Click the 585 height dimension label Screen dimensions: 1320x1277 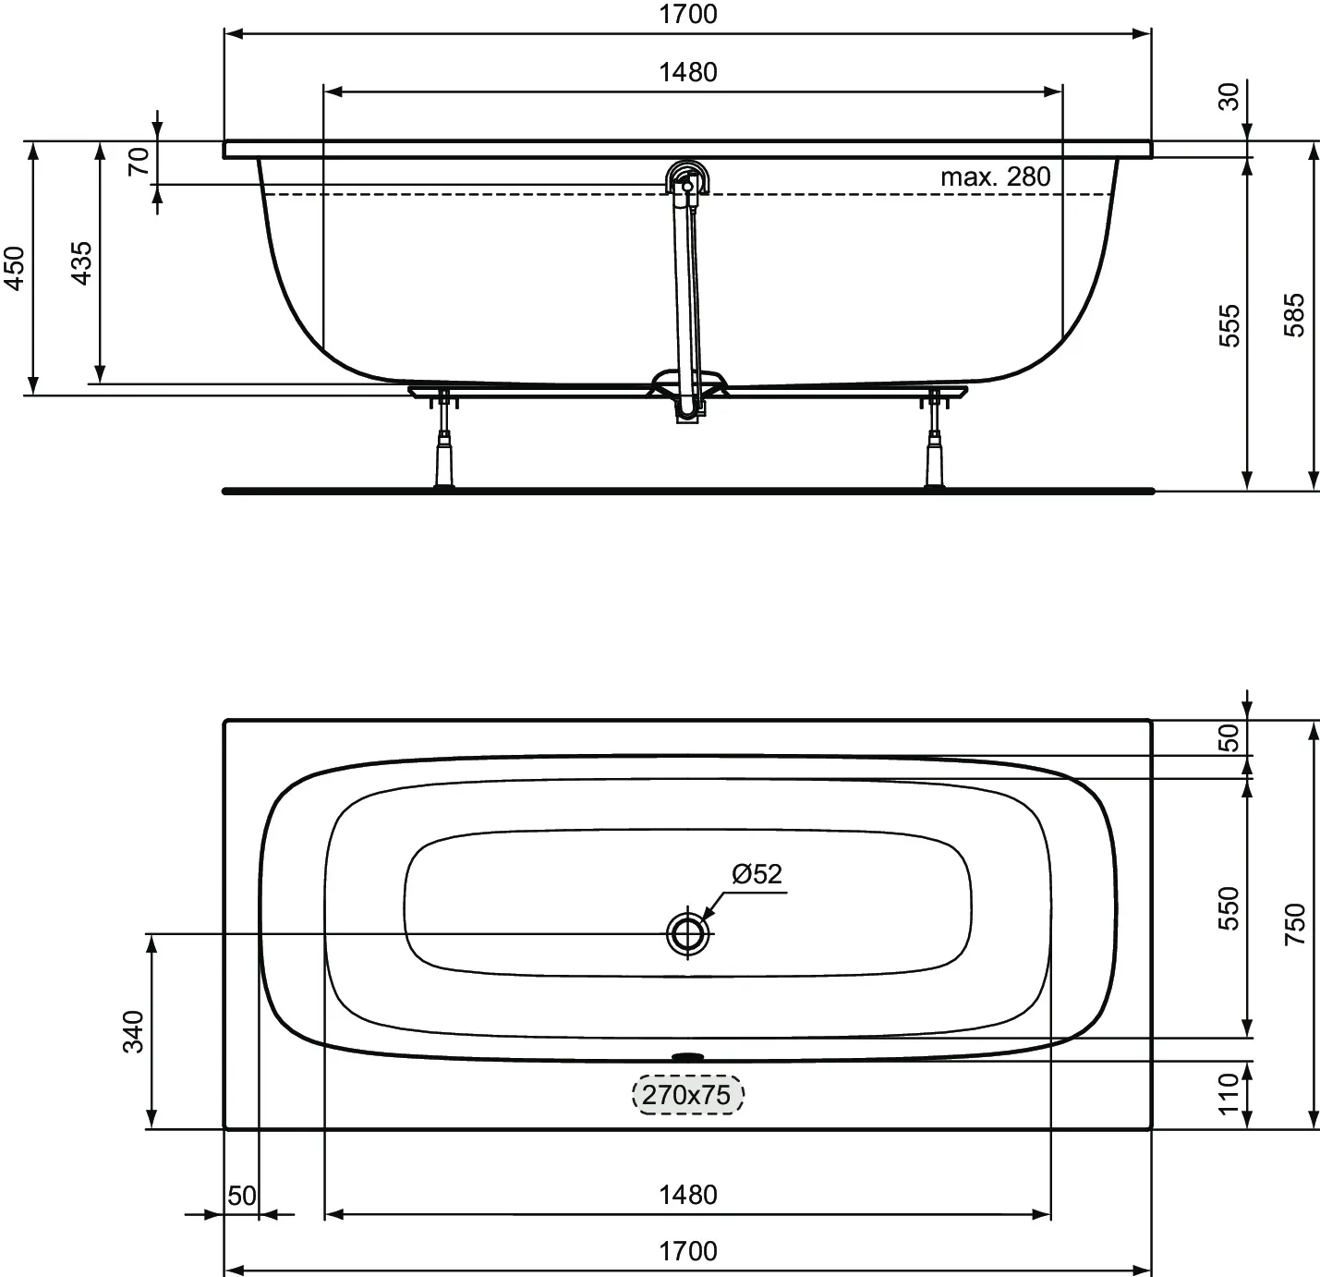[x=1293, y=315]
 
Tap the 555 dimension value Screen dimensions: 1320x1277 [x=1229, y=326]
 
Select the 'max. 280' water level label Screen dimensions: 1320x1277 [x=995, y=177]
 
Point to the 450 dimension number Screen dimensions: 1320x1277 [x=14, y=269]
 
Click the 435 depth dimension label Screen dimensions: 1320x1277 [x=80, y=263]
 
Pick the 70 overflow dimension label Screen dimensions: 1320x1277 [x=139, y=162]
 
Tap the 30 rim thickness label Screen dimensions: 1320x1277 [x=1229, y=96]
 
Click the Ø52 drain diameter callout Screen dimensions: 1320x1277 [x=757, y=874]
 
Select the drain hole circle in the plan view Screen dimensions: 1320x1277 [x=688, y=933]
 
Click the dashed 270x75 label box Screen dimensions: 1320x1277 [x=687, y=1094]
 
